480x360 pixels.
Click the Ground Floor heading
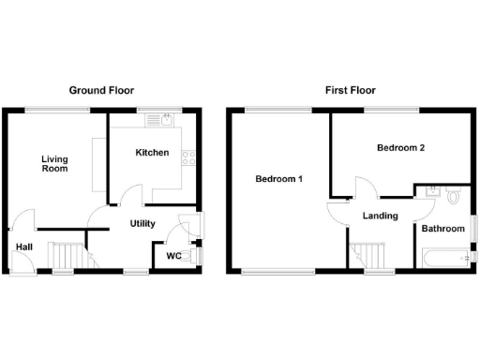click(101, 91)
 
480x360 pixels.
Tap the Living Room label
click(54, 164)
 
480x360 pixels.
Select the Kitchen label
click(152, 153)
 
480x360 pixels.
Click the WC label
click(173, 255)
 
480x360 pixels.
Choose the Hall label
click(22, 247)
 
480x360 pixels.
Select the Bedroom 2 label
click(401, 148)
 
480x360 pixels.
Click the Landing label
click(380, 216)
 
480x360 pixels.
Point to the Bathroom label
click(442, 229)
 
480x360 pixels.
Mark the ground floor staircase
click(66, 255)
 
